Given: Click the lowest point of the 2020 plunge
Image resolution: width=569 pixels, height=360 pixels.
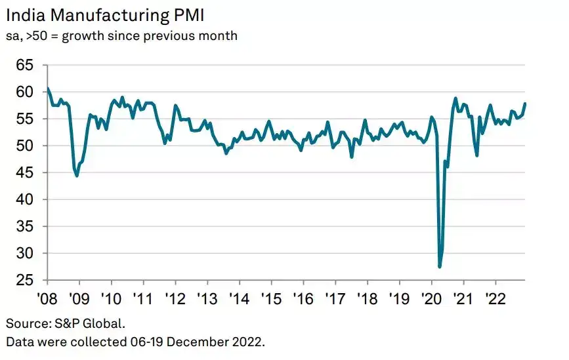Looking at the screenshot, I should coord(439,266).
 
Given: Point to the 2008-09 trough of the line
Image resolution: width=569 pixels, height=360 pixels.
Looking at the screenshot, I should coord(77,176).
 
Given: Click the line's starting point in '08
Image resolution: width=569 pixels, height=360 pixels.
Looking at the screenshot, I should coord(47,89).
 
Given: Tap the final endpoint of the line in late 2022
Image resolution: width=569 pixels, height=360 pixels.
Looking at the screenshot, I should coord(525,104).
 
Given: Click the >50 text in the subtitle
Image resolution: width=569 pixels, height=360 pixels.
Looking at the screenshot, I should coord(41,35).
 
